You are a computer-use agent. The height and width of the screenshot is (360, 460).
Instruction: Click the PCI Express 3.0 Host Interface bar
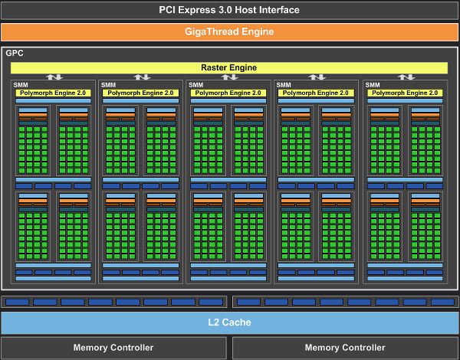(x=229, y=10)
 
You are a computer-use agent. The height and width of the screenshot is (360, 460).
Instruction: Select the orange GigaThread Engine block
(x=229, y=32)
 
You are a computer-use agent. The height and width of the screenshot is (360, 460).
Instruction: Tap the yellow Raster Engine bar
(x=229, y=67)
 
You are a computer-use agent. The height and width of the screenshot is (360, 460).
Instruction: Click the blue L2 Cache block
(x=229, y=322)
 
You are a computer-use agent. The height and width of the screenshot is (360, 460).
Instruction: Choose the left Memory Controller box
(x=113, y=348)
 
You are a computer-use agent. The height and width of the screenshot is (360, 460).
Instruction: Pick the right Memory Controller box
(x=346, y=348)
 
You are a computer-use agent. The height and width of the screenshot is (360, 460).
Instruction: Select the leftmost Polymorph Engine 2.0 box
(x=53, y=93)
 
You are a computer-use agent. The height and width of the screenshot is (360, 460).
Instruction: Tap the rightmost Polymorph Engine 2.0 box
(x=406, y=93)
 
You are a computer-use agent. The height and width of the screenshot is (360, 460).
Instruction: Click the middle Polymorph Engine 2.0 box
(x=229, y=93)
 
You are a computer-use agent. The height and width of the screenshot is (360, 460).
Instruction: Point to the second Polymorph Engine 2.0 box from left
(x=141, y=93)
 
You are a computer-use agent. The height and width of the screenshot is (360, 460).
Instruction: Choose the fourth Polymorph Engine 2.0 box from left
(x=317, y=93)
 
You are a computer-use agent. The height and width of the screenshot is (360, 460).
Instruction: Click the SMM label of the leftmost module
(x=21, y=85)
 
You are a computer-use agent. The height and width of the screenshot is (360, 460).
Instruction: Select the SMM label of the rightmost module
(x=373, y=85)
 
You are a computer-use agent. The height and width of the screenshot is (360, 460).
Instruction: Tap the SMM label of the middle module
(x=196, y=85)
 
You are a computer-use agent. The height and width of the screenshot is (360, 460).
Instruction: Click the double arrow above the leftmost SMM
(x=54, y=77)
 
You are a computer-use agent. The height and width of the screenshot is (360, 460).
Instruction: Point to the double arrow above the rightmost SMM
(x=406, y=77)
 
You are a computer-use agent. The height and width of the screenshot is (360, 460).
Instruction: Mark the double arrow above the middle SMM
(x=230, y=77)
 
